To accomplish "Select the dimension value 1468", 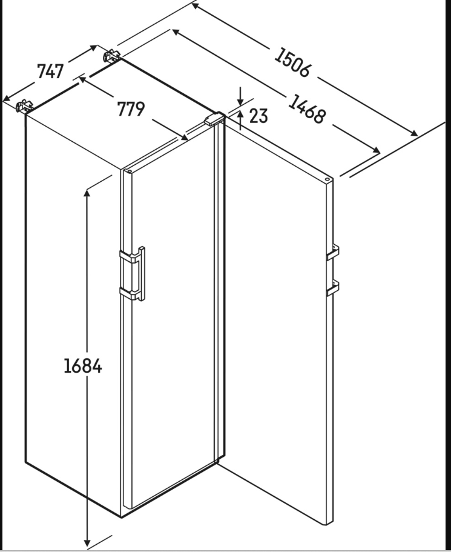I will (306, 108).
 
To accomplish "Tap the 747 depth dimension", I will (50, 71).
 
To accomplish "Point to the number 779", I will (131, 109).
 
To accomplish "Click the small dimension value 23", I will (258, 115).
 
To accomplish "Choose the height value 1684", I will (83, 366).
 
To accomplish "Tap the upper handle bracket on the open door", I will (333, 251).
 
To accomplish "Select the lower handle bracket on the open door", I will (333, 288).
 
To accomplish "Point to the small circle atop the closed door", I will (129, 171).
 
